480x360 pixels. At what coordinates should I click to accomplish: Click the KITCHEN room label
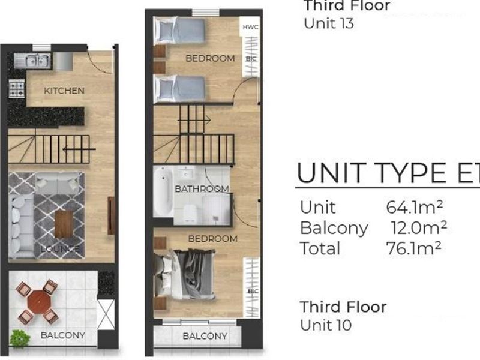[64, 91]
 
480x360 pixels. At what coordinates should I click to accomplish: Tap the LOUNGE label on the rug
[60, 248]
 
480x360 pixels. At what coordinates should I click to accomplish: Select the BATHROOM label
[202, 189]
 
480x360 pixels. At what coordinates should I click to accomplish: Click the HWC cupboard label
[250, 28]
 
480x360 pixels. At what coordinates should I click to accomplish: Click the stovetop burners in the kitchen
[16, 90]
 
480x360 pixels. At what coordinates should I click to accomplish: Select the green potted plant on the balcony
[20, 338]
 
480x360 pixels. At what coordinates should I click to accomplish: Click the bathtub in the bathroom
[162, 192]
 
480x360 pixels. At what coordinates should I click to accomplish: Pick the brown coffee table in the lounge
[64, 223]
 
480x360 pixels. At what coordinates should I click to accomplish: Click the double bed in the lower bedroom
[187, 273]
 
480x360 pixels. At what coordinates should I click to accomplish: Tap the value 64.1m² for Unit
[415, 208]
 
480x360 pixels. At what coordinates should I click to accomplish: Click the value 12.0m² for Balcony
[418, 228]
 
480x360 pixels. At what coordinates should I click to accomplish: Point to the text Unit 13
[328, 24]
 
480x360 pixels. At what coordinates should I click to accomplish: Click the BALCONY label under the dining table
[63, 335]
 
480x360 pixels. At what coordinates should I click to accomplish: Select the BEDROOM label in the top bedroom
[209, 58]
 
